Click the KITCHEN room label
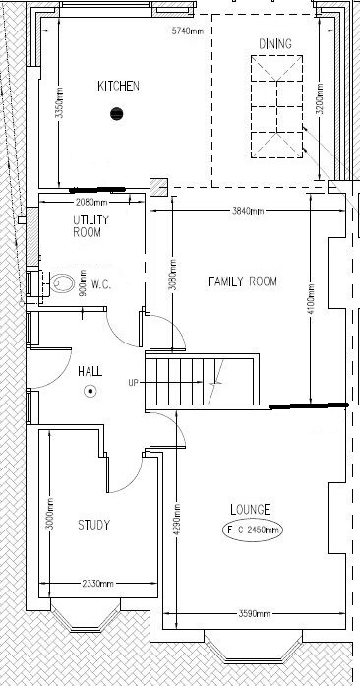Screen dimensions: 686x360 tap(118, 87)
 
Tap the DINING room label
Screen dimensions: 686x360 tap(274, 45)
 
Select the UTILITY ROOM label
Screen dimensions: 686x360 tap(90, 225)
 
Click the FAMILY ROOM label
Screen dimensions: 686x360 tap(242, 282)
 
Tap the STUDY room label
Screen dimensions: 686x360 tap(93, 525)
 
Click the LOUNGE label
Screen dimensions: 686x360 tap(251, 509)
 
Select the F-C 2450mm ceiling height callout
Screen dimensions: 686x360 tap(252, 530)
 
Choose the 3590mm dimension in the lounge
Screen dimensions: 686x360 tap(256, 614)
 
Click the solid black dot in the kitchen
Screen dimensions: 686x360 tap(118, 112)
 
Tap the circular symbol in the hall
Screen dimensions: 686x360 tap(90, 391)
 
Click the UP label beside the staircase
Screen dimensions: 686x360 tap(133, 382)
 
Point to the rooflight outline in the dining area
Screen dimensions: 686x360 tap(274, 105)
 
